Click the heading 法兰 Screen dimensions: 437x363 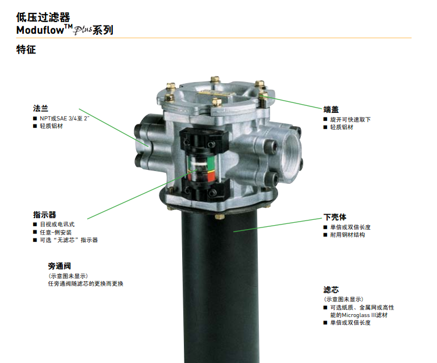(x=41, y=108)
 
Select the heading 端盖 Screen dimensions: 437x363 (x=331, y=109)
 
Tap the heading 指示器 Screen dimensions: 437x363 (x=45, y=215)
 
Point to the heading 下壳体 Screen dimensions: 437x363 (x=335, y=217)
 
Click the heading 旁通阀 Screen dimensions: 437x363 (x=59, y=266)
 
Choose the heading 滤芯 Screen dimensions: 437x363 (x=331, y=290)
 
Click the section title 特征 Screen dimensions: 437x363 (x=26, y=49)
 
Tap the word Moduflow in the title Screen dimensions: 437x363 (x=40, y=30)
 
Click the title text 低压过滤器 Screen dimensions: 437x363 (x=43, y=17)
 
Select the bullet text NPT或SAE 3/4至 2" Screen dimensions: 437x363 (x=65, y=119)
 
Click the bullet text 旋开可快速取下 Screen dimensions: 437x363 (x=351, y=119)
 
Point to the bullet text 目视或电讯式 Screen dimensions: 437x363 (x=58, y=225)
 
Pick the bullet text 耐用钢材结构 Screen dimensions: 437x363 (x=348, y=235)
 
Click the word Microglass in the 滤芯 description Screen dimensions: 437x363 (x=356, y=315)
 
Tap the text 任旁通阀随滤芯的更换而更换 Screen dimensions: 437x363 (x=86, y=284)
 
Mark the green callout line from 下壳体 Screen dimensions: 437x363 (x=278, y=225)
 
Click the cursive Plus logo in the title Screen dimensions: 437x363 (x=83, y=30)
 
